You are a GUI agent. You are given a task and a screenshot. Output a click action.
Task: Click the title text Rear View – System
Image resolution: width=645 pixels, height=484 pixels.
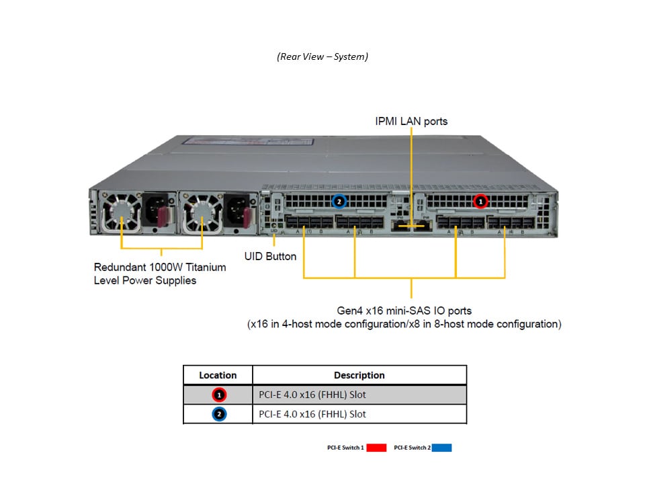pos(322,56)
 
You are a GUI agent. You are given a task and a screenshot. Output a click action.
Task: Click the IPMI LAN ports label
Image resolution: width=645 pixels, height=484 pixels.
pos(411,122)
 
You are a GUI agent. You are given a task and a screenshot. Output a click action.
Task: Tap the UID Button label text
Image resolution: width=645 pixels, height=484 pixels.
pos(271,256)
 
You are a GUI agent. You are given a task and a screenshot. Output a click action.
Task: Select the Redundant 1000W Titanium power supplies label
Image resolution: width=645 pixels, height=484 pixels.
pos(160,274)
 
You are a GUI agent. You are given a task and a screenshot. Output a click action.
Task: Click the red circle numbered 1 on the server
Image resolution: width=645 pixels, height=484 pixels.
pos(480,200)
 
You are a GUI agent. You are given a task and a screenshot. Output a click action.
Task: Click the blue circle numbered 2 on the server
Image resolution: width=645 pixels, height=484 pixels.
pos(339,200)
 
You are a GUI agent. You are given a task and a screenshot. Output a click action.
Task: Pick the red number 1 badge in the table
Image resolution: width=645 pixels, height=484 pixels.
pos(220,395)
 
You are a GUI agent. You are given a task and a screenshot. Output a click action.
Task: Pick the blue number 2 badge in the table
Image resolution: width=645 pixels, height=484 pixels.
pos(220,414)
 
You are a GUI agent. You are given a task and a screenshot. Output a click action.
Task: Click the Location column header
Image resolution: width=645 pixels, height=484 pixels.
pos(218,375)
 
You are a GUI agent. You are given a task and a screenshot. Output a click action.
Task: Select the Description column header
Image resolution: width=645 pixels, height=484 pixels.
pos(359,375)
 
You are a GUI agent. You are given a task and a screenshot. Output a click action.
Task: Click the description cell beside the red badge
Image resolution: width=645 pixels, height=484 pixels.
pos(312,395)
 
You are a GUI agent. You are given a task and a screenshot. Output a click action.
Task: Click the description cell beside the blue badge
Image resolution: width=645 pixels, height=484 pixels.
pos(312,414)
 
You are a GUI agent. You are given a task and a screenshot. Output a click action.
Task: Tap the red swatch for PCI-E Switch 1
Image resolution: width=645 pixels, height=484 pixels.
pos(377,447)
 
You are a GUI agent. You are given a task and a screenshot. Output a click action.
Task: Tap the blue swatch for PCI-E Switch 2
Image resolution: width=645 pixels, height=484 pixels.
pos(442,447)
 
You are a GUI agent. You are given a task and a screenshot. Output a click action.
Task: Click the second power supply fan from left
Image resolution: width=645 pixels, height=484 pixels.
pos(200,210)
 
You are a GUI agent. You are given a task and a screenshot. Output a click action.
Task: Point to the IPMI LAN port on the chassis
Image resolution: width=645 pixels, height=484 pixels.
pos(410,225)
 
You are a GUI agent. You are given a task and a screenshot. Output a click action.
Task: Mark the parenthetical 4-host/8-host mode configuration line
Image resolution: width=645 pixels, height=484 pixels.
pos(404,324)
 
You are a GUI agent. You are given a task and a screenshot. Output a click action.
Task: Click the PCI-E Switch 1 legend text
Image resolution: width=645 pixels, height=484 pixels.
pos(346,447)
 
